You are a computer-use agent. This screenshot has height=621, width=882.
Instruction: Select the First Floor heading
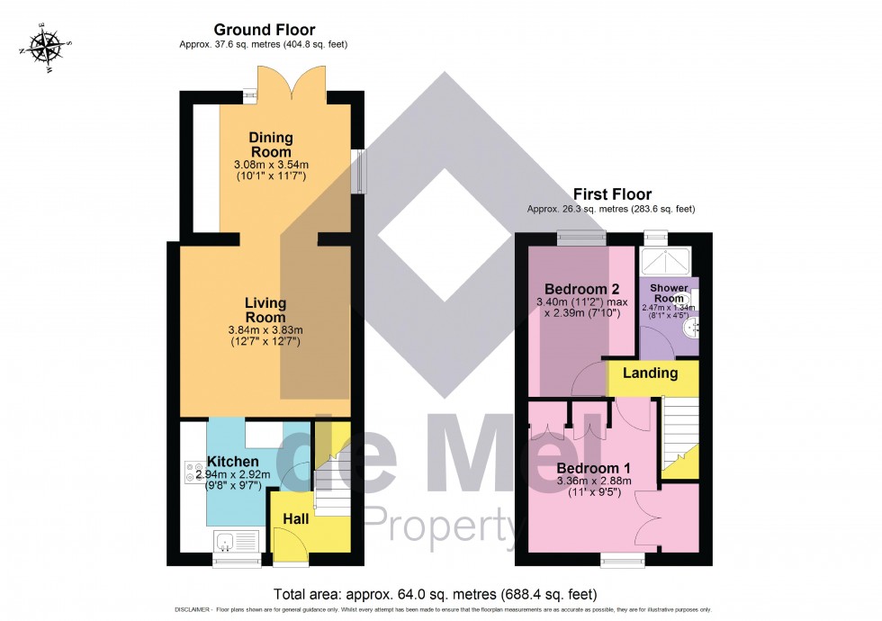(612, 194)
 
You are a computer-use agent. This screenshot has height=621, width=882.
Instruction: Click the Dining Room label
(271, 145)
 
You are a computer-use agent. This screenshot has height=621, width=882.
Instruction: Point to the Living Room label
(265, 310)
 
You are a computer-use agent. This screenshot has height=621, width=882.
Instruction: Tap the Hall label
(296, 519)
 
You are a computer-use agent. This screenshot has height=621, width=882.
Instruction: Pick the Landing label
(652, 373)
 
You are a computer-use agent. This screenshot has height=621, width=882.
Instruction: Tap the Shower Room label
(669, 293)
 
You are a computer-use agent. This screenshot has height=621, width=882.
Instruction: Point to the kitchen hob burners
(193, 472)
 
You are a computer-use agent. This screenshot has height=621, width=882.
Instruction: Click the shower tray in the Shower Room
(665, 262)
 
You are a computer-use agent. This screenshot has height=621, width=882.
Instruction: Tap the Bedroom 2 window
(580, 238)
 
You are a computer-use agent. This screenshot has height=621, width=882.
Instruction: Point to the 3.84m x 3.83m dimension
(265, 329)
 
